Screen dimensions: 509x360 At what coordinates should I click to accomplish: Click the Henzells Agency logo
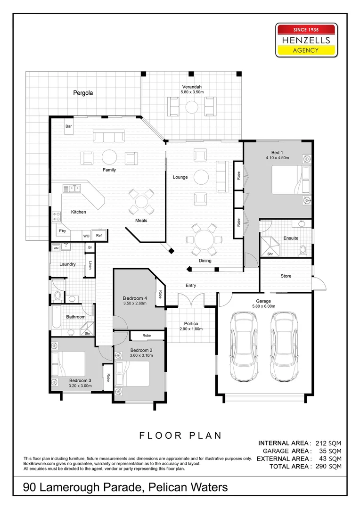coord(307,40)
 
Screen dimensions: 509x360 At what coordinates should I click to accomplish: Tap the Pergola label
coord(83,93)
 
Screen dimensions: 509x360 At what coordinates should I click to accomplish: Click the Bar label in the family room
coord(69,126)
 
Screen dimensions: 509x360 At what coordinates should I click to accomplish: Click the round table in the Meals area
coord(141,202)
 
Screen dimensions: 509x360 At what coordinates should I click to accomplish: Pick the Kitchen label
coord(79,212)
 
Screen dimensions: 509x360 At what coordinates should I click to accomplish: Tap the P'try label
coord(62,231)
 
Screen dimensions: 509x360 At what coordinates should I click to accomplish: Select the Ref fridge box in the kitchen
coord(99,235)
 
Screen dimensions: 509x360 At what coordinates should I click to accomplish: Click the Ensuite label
coord(291,238)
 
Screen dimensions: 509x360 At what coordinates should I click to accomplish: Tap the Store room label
coord(286,276)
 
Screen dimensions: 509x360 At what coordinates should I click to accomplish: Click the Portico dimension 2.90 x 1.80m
coord(191,329)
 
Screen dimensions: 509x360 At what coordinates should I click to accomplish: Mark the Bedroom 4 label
coord(135,298)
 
